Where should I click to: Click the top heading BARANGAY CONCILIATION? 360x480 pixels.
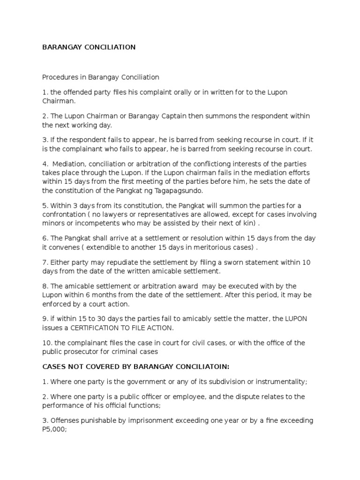point(89,47)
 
